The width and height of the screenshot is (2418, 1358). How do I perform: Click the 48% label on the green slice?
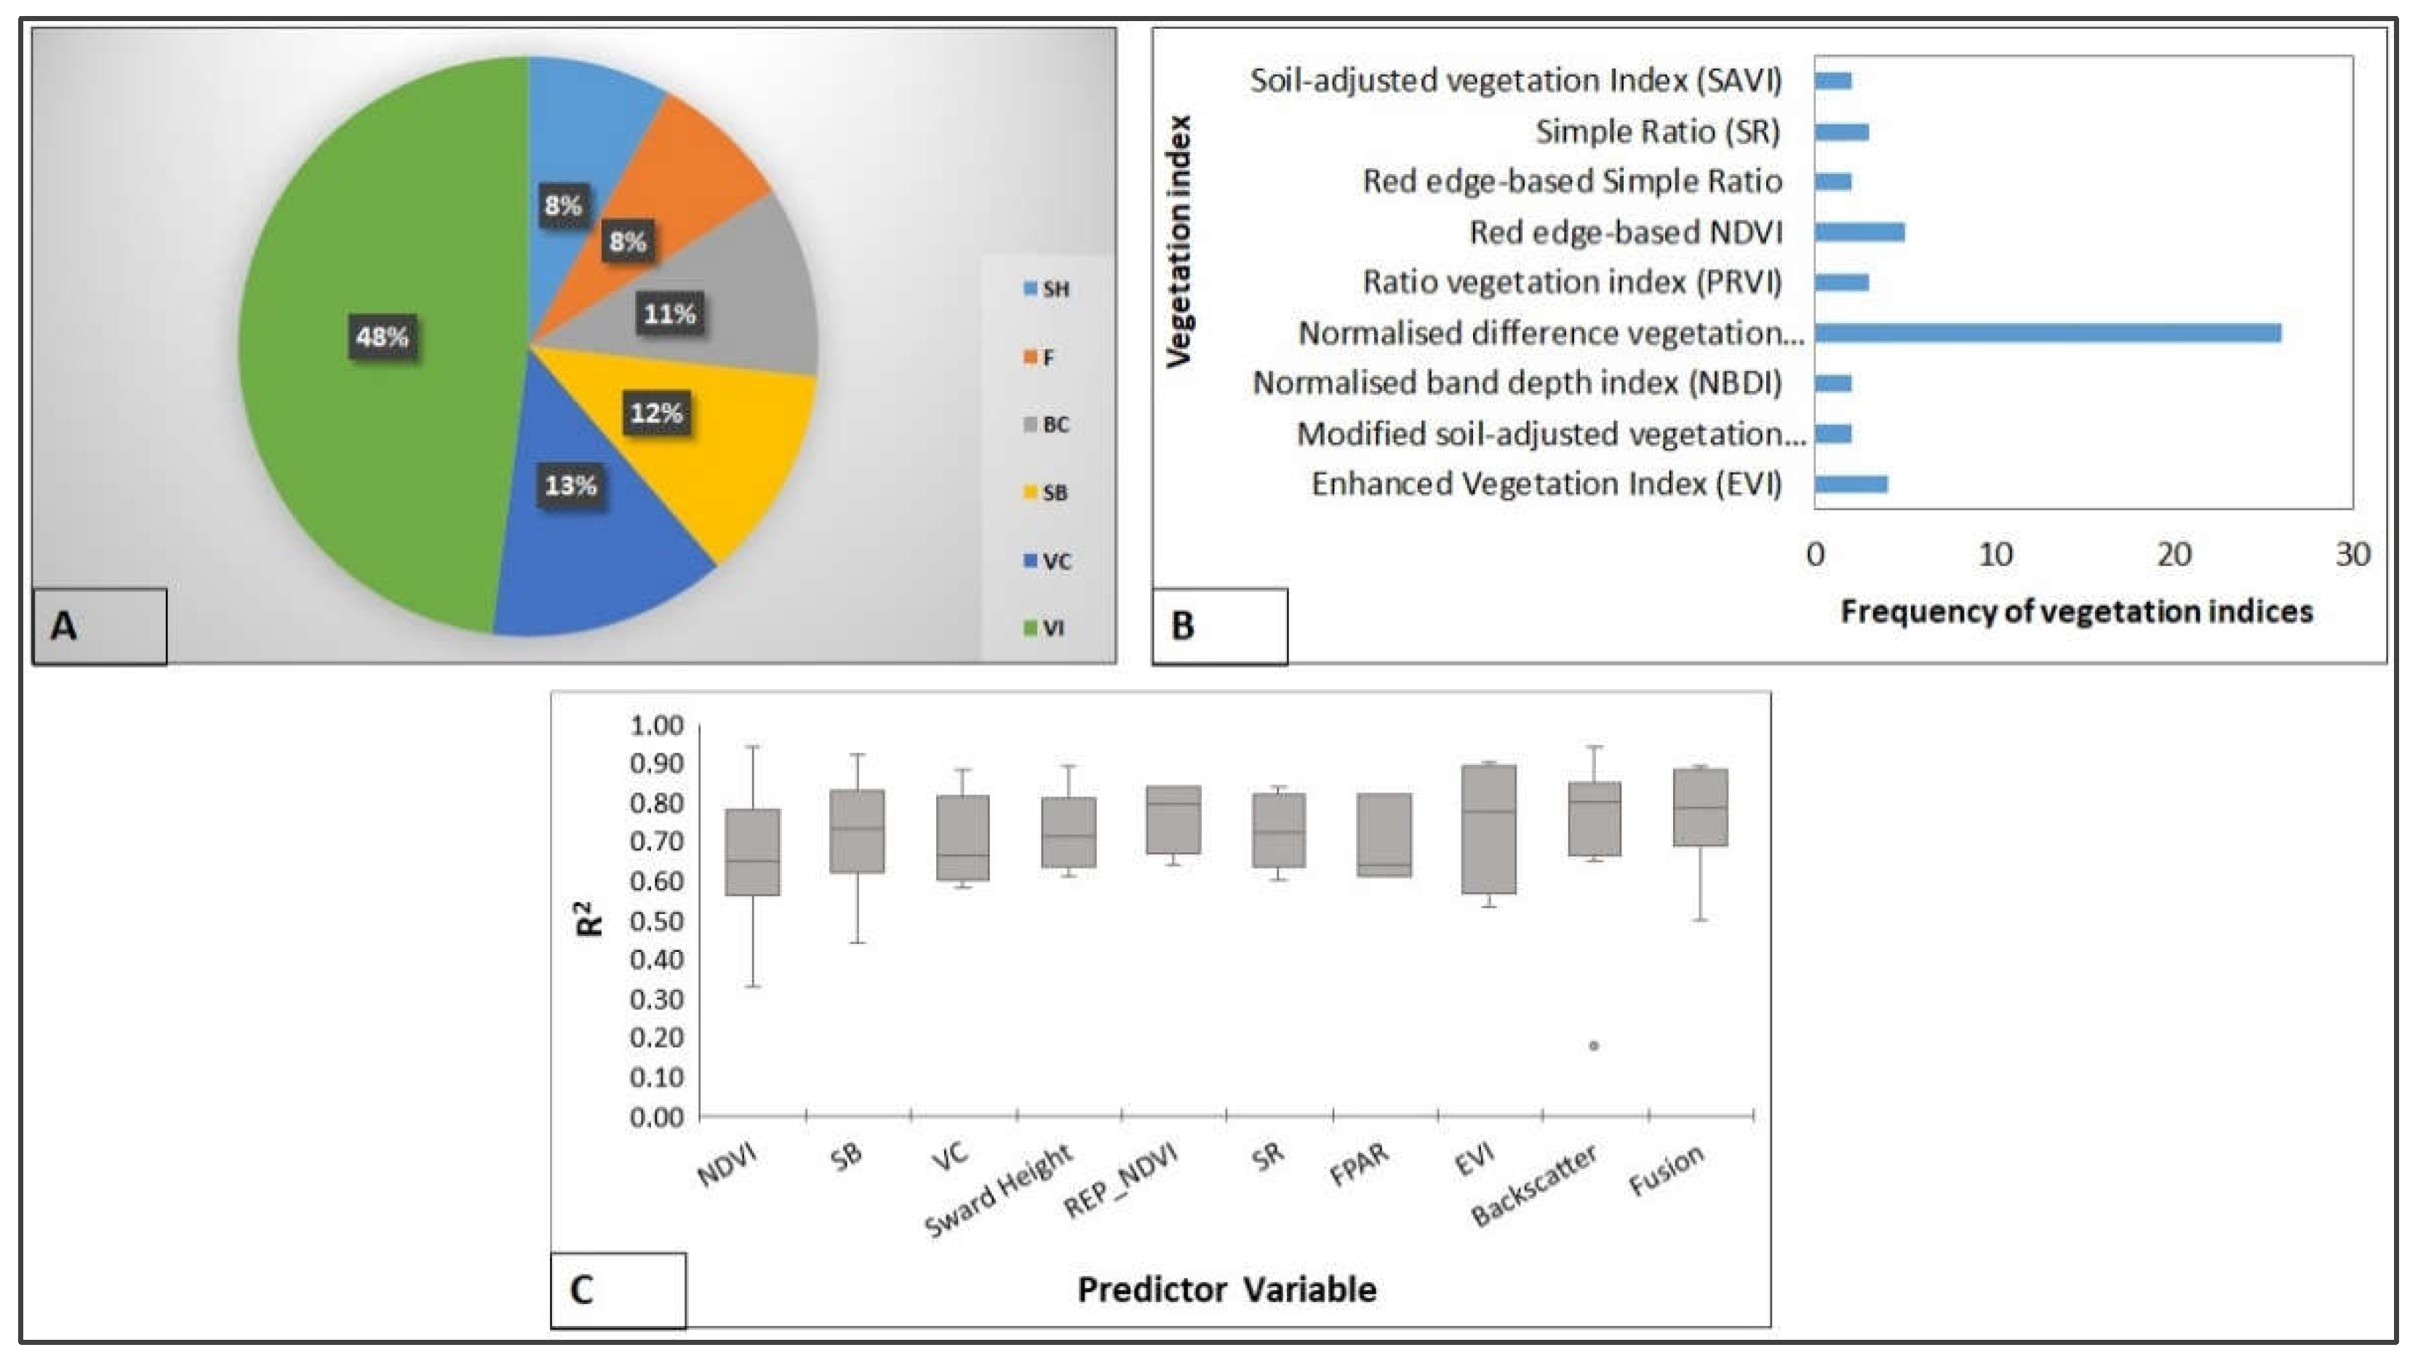(381, 336)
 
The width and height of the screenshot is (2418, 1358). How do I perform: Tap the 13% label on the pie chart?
(571, 485)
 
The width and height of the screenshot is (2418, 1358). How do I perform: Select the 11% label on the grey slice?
(669, 314)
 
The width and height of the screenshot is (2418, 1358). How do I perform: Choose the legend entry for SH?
(1047, 289)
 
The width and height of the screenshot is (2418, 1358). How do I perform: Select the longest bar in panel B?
(2046, 333)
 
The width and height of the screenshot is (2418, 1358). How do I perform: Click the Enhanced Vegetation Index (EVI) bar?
(1850, 485)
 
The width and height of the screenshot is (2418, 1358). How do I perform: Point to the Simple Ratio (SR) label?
(1658, 132)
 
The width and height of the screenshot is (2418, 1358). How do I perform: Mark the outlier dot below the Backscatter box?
(1594, 1045)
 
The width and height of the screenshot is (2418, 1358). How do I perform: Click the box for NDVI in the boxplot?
(753, 851)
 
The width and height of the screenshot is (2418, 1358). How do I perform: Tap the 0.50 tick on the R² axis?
(657, 921)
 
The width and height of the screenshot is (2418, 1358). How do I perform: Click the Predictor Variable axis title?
(1226, 1290)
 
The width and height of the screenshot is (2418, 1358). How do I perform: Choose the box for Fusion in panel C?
(1701, 808)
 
